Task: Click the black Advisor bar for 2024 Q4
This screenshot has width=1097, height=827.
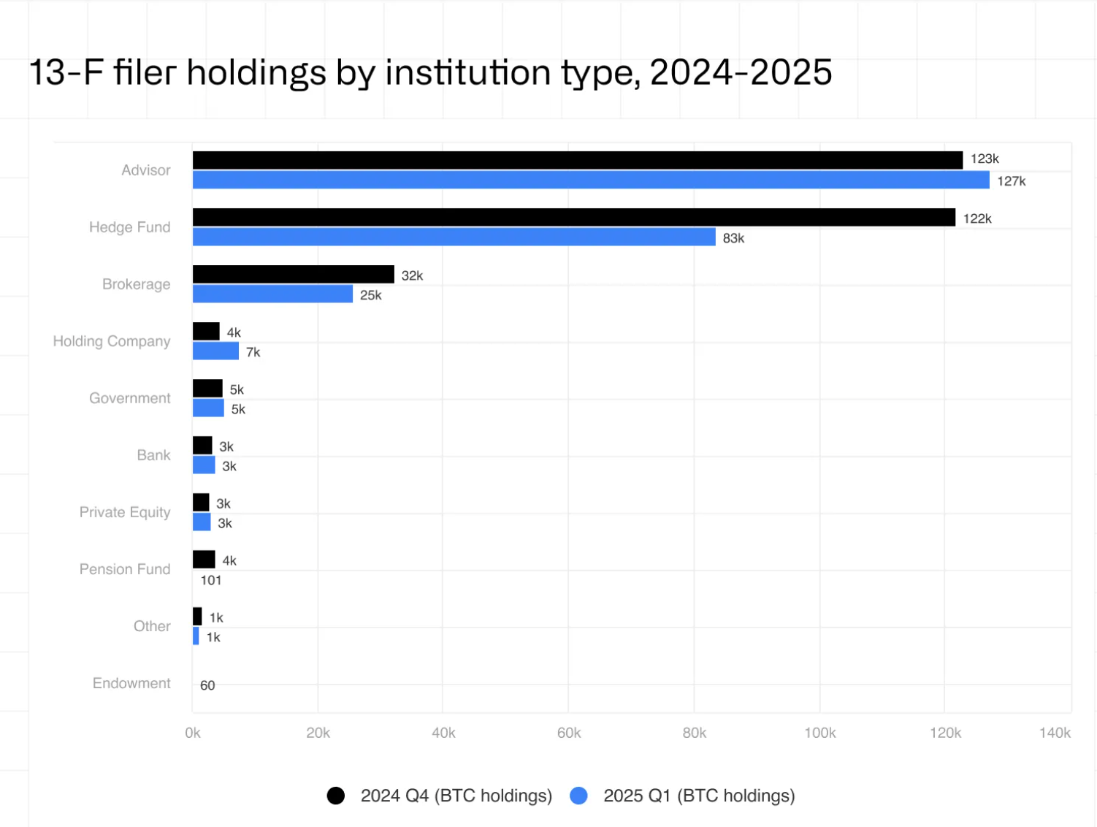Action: (x=577, y=160)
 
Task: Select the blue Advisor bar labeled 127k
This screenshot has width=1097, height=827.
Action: (x=590, y=180)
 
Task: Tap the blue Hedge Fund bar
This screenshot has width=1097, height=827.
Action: (x=454, y=237)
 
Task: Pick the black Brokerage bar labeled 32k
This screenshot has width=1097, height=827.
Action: (x=293, y=274)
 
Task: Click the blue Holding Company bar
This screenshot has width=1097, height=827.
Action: (x=215, y=351)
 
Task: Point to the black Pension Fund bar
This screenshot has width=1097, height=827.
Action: (x=204, y=560)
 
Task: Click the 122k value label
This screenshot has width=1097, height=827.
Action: (x=976, y=218)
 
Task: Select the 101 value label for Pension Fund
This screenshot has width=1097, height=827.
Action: (x=211, y=580)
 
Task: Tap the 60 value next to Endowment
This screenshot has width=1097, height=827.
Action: (x=207, y=685)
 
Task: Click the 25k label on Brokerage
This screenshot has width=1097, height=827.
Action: (x=370, y=295)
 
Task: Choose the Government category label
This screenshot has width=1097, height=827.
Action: (x=129, y=398)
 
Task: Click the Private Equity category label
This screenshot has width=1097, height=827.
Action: (x=124, y=512)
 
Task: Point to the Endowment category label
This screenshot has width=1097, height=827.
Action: (x=131, y=683)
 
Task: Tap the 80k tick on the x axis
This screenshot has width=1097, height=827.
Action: (x=694, y=733)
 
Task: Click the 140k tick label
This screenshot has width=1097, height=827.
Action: (x=1054, y=733)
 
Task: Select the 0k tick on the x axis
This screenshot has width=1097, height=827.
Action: (x=193, y=733)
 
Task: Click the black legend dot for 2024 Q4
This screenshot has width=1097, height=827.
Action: (x=336, y=796)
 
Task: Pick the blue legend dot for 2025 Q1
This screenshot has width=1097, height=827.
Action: (x=578, y=796)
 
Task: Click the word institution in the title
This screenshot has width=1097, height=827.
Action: (x=467, y=72)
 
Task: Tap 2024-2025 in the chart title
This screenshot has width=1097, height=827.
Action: (x=740, y=72)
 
